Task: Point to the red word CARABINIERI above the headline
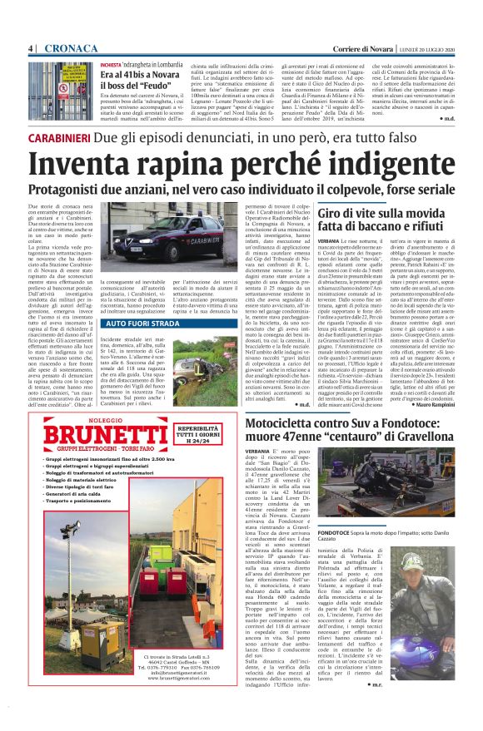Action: pyautogui.click(x=59, y=136)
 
